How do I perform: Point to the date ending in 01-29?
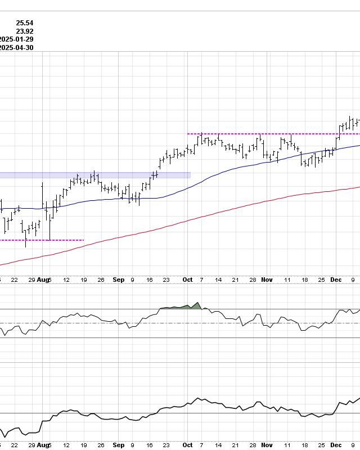[x=17, y=39]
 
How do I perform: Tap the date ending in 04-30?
[x=17, y=48]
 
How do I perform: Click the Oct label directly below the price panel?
[x=187, y=280]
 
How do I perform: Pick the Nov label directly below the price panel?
[x=267, y=280]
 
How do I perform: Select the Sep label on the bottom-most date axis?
[x=118, y=445]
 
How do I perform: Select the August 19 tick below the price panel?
[x=84, y=280]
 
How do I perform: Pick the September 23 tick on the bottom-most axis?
[x=167, y=445]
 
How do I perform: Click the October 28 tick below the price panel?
[x=253, y=280]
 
